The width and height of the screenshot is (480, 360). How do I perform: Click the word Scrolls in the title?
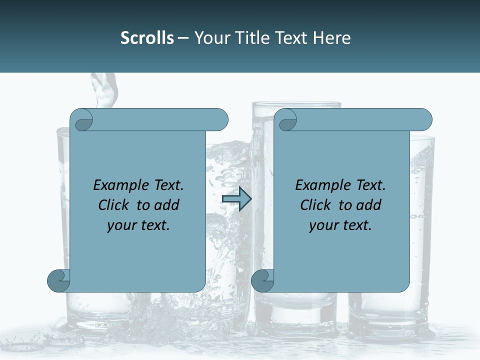point(147,37)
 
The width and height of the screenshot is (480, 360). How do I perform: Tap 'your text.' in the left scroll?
point(138,225)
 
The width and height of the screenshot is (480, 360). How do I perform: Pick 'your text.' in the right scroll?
point(340,225)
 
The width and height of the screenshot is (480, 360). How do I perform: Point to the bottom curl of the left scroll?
point(58,280)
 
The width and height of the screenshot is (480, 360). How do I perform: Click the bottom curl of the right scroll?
point(262,280)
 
